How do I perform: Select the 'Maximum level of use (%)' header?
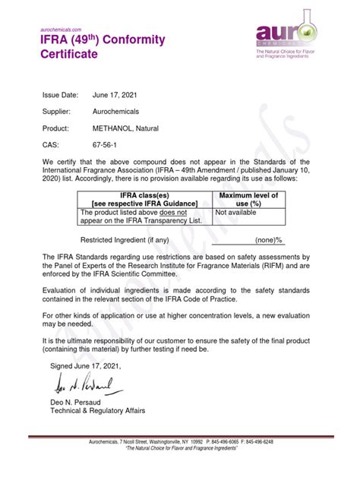click(248, 199)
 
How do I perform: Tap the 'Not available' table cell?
click(236, 213)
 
